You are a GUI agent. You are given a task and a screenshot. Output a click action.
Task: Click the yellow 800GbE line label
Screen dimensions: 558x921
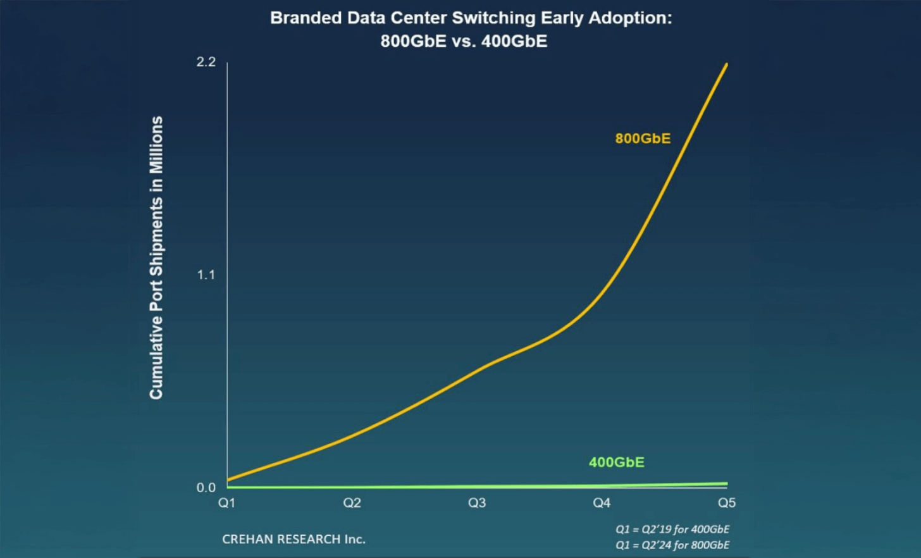[643, 139]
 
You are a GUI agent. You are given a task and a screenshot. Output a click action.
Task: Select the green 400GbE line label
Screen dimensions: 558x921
[616, 462]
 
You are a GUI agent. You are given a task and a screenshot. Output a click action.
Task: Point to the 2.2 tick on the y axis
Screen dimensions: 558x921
[206, 62]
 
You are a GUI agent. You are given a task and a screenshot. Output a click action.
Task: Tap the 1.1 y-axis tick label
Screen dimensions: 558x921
[206, 275]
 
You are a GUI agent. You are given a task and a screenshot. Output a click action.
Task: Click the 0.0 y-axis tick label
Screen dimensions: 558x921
[206, 488]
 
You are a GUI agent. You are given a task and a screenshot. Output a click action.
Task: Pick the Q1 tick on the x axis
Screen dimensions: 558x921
[226, 503]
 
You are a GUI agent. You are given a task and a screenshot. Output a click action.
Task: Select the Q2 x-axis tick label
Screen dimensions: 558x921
[352, 503]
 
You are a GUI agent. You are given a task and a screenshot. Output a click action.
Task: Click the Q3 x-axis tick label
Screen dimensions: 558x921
[477, 503]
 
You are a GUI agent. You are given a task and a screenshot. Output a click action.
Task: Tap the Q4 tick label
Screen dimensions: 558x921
[602, 503]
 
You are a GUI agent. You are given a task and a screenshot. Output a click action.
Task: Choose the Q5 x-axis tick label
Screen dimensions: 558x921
[727, 503]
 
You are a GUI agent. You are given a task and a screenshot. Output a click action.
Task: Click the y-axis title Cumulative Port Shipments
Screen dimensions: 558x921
[156, 257]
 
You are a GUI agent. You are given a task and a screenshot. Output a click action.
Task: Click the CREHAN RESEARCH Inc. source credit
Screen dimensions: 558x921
[294, 539]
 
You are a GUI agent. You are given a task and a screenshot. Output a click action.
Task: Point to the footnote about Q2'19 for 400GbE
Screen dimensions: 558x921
[672, 529]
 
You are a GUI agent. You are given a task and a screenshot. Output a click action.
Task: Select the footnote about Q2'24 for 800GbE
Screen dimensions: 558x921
[672, 545]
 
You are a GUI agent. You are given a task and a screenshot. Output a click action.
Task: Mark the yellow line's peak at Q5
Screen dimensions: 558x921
[726, 65]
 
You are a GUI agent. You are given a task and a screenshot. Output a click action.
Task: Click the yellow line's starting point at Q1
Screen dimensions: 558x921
[228, 480]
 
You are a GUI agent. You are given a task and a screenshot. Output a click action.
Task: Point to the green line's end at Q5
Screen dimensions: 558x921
[726, 484]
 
